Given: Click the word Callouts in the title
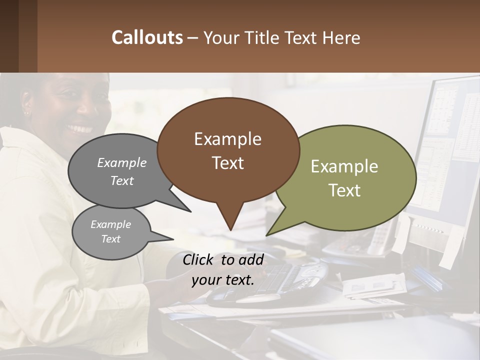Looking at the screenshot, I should (147, 37).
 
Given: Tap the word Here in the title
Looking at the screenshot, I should (341, 37).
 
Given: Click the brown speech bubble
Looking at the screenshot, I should (228, 150).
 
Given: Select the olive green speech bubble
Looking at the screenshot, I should (350, 178).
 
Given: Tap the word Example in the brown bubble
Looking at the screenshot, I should (227, 139).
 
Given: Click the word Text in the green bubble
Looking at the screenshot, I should (344, 190).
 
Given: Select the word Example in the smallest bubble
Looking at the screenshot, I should (110, 224).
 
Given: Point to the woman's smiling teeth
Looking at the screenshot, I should (80, 128).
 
